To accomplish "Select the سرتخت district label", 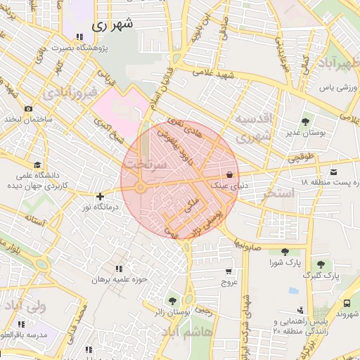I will coord(145,162).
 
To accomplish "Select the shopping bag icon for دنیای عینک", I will coord(229,174).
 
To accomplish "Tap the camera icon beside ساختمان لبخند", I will coord(28,109).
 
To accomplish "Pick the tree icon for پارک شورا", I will coord(285,252).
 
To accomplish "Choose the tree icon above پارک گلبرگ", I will coord(321,264).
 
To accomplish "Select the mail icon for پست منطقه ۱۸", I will coord(333,172).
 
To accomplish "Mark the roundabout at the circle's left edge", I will coord(141,187).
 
